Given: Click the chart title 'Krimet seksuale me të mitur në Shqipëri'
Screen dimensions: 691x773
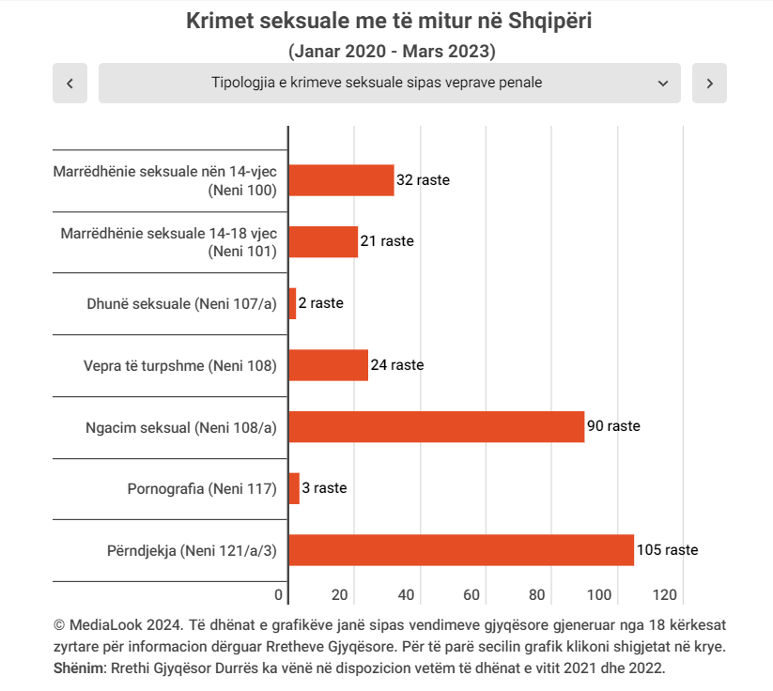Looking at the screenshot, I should click(389, 22).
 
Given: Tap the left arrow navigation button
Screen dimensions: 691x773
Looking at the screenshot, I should click(70, 83).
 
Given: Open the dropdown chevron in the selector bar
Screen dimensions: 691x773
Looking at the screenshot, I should click(663, 83).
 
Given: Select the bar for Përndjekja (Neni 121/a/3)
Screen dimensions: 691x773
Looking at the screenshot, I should click(460, 550).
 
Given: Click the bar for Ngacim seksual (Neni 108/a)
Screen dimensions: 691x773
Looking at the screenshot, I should click(436, 426).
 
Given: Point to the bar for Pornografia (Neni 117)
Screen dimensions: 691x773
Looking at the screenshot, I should click(294, 488).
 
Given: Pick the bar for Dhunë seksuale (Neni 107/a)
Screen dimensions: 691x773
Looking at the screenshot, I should click(292, 303).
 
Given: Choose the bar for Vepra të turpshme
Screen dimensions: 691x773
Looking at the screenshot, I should click(328, 365).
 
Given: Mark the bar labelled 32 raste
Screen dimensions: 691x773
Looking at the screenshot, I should click(341, 180).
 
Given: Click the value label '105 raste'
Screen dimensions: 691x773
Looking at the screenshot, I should click(667, 550).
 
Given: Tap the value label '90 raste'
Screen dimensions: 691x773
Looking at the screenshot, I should click(613, 426).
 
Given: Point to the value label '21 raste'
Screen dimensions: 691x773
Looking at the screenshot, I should click(387, 241).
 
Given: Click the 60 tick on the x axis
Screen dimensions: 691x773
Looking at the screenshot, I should click(472, 594).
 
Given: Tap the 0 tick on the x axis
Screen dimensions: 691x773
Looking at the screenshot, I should click(279, 594).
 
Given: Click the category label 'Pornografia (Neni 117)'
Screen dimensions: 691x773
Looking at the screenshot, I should click(202, 488).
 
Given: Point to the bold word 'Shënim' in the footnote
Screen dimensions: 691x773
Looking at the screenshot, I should click(82, 668).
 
